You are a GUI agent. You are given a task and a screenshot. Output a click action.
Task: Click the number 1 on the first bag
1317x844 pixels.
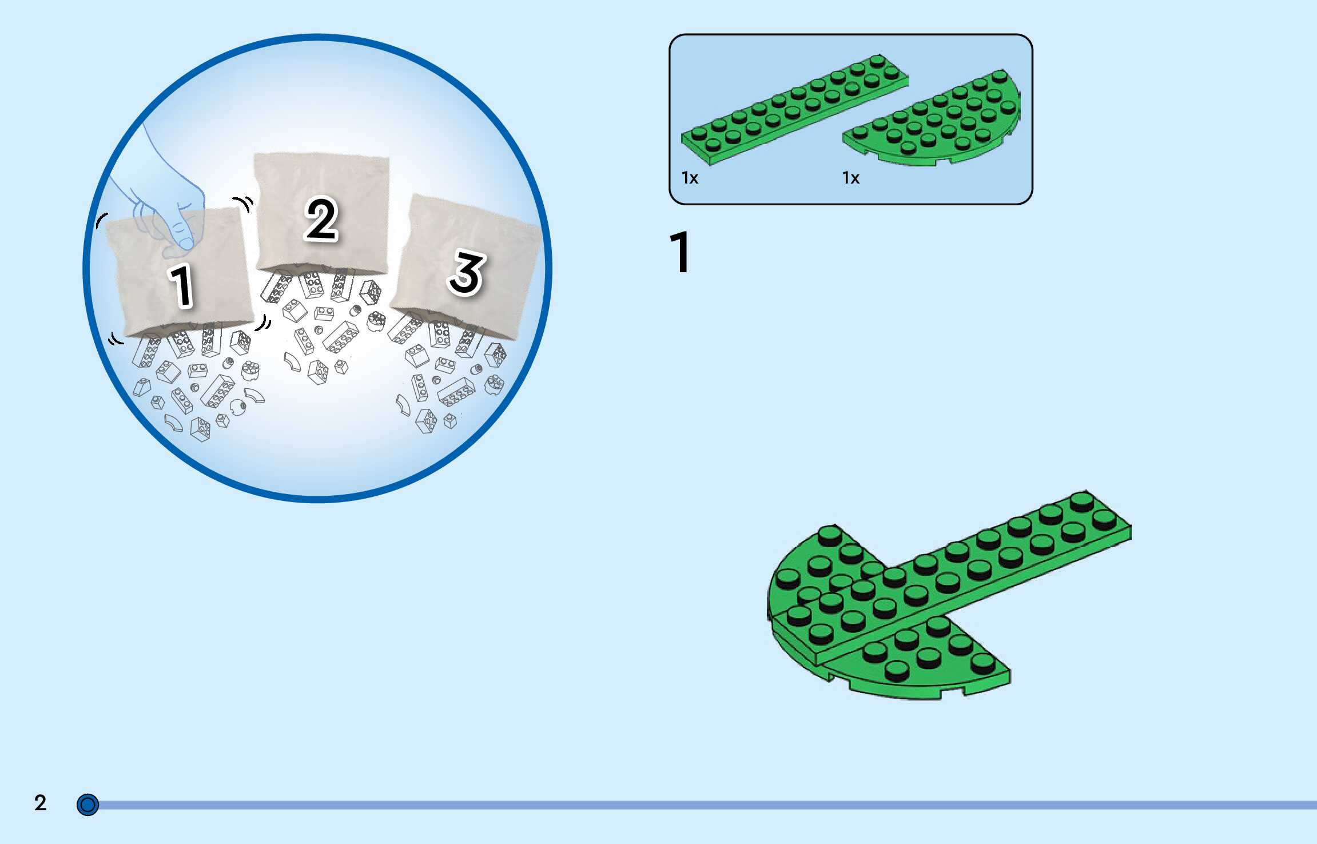click(x=182, y=285)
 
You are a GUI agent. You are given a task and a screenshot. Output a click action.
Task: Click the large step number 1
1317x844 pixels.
click(x=681, y=252)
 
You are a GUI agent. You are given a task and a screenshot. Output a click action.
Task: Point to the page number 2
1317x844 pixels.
click(x=40, y=803)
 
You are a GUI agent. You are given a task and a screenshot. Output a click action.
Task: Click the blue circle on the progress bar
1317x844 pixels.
click(x=87, y=805)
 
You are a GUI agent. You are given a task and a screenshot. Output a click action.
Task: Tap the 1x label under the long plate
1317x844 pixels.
click(x=690, y=178)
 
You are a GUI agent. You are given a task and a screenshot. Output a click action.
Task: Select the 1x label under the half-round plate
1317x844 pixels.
click(x=850, y=178)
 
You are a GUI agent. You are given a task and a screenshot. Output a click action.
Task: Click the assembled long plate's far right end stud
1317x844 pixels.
click(x=1103, y=520)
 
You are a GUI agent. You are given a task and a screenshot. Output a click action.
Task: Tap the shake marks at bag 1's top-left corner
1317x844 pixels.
click(x=101, y=220)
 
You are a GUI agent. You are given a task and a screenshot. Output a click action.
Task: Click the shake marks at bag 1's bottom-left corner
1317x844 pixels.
click(x=116, y=339)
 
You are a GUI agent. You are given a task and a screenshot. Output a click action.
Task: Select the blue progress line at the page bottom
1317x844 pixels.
click(x=686, y=805)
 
